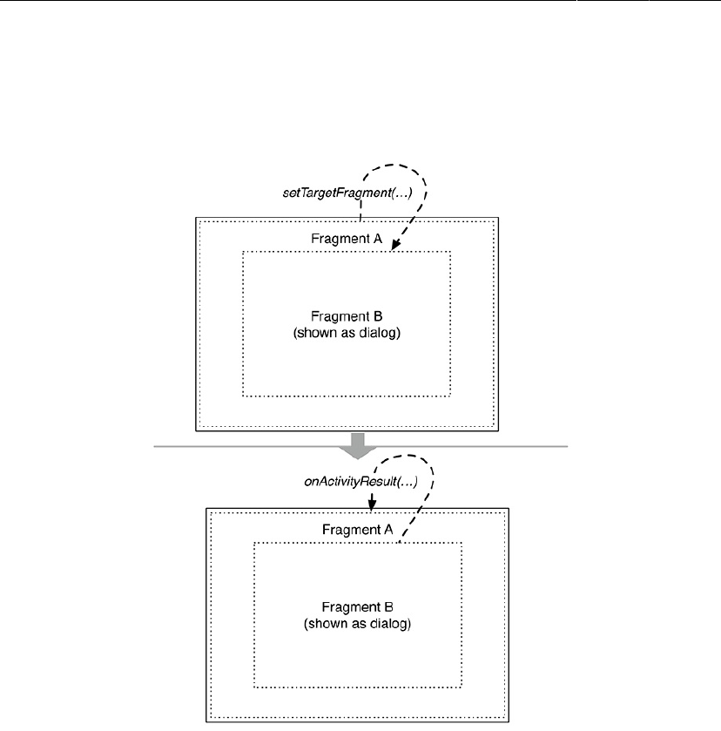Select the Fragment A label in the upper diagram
point(347,238)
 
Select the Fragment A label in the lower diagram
point(358,529)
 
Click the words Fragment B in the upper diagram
point(347,315)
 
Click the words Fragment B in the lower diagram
point(358,607)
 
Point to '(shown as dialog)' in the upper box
point(347,332)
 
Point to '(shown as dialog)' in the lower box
point(358,624)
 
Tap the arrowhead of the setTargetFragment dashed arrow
point(394,247)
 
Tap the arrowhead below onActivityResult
point(372,504)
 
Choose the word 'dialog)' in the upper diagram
point(381,332)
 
